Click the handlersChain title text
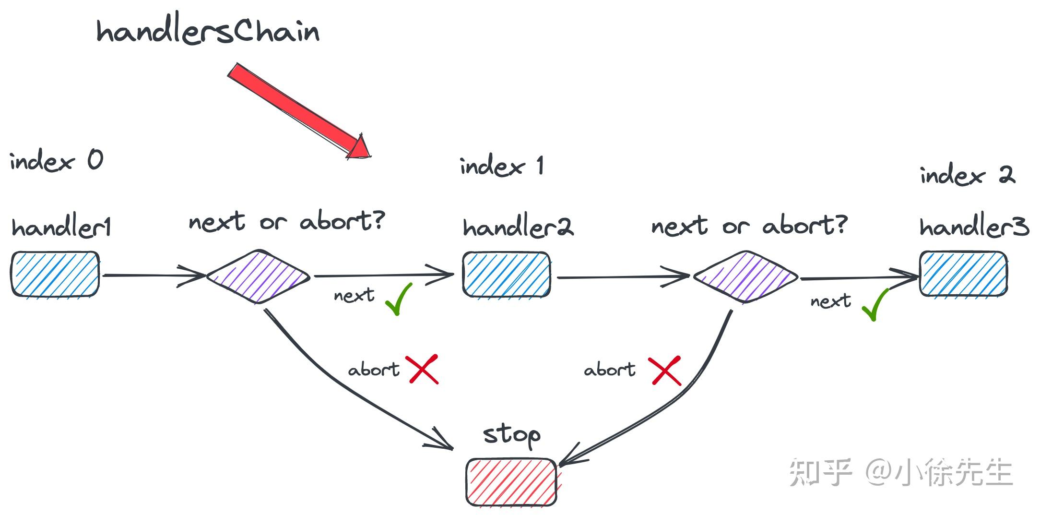coord(208,32)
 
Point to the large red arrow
coord(299,111)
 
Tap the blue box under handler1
coord(55,274)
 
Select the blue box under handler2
coord(507,275)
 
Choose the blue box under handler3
coord(963,274)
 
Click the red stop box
coord(511,482)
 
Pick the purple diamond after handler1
coord(259,276)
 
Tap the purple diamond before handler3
coord(745,277)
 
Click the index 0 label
coord(56,160)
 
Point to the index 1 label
coord(502,166)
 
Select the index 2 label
coord(968,175)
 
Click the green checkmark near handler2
coord(399,299)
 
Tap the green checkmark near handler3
coord(875,304)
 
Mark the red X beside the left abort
coord(424,369)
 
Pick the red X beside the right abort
coord(666,371)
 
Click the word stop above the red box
coord(511,436)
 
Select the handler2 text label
coord(518,227)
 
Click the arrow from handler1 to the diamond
coord(154,275)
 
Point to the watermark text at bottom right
coord(901,472)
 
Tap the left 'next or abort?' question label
coord(287,221)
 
